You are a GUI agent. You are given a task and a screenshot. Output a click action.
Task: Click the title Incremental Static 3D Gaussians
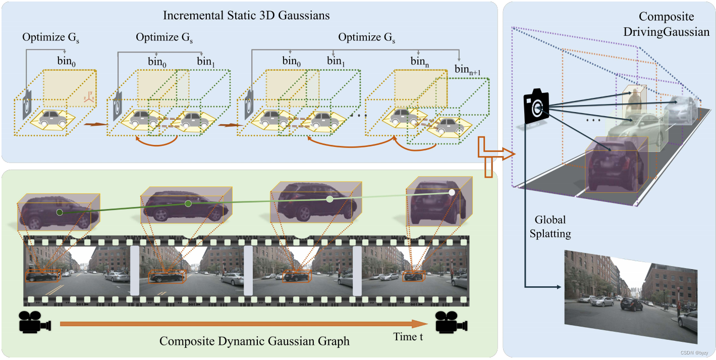[246, 15]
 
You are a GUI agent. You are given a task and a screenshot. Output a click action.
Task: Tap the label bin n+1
[467, 69]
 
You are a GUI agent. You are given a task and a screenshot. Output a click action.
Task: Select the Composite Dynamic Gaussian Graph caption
[254, 341]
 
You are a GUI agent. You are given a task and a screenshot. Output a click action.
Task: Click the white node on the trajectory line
[452, 192]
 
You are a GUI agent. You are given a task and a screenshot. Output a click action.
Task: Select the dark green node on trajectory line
[60, 213]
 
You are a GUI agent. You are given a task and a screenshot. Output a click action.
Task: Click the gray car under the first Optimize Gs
[53, 119]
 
